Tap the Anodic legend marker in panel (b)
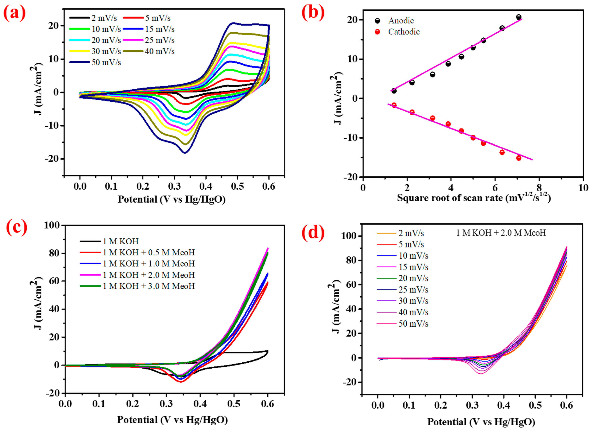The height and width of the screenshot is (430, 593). click(x=377, y=21)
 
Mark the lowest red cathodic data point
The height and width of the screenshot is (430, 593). click(x=519, y=158)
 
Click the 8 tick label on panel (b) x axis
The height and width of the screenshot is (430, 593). click(x=539, y=188)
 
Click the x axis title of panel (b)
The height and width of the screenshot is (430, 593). click(x=474, y=198)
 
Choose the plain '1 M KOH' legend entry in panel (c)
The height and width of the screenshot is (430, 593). click(x=120, y=241)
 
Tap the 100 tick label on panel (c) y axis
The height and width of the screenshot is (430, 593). click(x=52, y=225)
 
